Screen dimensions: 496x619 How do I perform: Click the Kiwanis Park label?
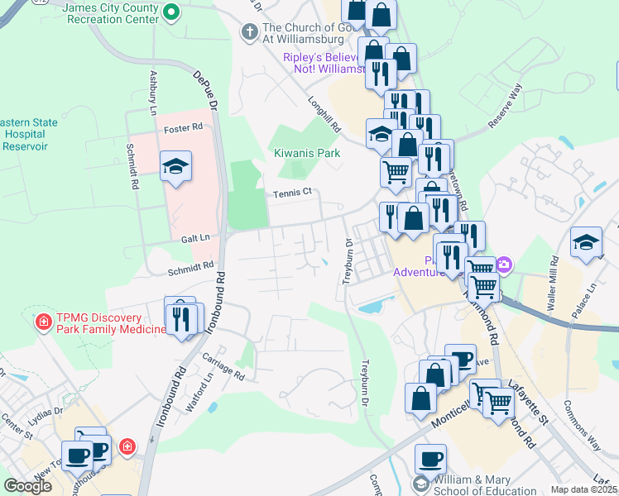pos(307,154)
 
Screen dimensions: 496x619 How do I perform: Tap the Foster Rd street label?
pos(183,128)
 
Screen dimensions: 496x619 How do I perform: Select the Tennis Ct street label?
pos(292,193)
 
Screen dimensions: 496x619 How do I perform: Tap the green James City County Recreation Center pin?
pos(170,12)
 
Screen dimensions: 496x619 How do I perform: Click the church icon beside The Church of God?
pos(247,32)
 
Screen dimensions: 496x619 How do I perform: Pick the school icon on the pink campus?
pos(176,166)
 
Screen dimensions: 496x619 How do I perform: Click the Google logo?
pos(28,486)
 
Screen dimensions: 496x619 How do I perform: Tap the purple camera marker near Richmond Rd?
pos(504,265)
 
